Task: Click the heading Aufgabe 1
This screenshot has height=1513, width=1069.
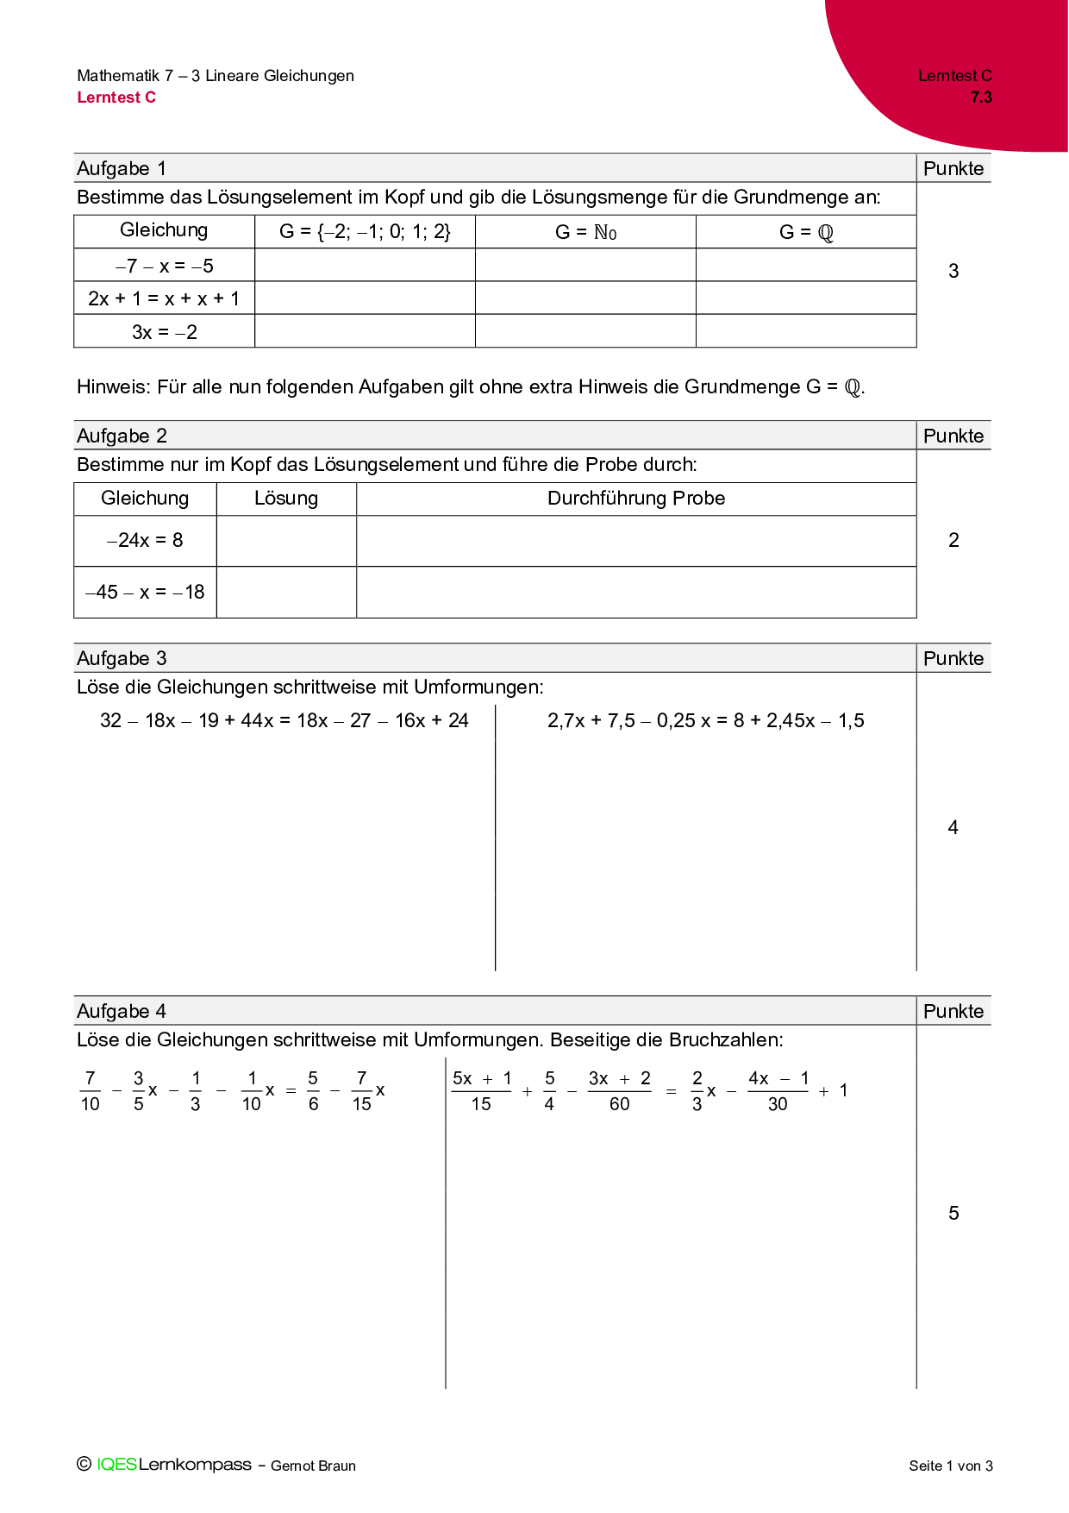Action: (122, 168)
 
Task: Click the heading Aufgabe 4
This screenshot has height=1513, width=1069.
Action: (122, 1011)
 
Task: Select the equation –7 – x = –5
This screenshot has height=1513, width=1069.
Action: (164, 266)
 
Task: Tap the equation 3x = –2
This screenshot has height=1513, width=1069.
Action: (164, 332)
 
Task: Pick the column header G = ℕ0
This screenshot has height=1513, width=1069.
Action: (585, 232)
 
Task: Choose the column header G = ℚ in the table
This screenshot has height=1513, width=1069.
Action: (806, 232)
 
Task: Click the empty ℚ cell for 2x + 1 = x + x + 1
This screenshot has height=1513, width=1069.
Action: (806, 298)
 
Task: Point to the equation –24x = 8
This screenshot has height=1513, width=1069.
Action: (145, 541)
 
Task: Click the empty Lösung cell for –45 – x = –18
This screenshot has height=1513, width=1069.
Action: (286, 593)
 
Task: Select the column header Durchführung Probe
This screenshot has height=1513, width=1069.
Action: (636, 499)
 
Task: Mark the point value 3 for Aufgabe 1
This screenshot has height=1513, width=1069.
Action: (953, 271)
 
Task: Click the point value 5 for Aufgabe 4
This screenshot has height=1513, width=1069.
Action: (953, 1213)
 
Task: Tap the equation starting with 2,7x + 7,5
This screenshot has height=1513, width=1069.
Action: (705, 721)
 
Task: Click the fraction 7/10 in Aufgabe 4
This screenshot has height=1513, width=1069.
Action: (90, 1091)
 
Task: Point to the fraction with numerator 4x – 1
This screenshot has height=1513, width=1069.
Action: (778, 1091)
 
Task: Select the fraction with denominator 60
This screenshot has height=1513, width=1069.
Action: (619, 1091)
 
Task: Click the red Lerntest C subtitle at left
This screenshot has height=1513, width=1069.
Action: (116, 97)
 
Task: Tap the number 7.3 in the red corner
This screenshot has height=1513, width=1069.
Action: (981, 97)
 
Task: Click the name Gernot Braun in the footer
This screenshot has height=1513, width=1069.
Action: (313, 1466)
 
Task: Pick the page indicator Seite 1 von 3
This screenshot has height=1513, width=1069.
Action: (950, 1466)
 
